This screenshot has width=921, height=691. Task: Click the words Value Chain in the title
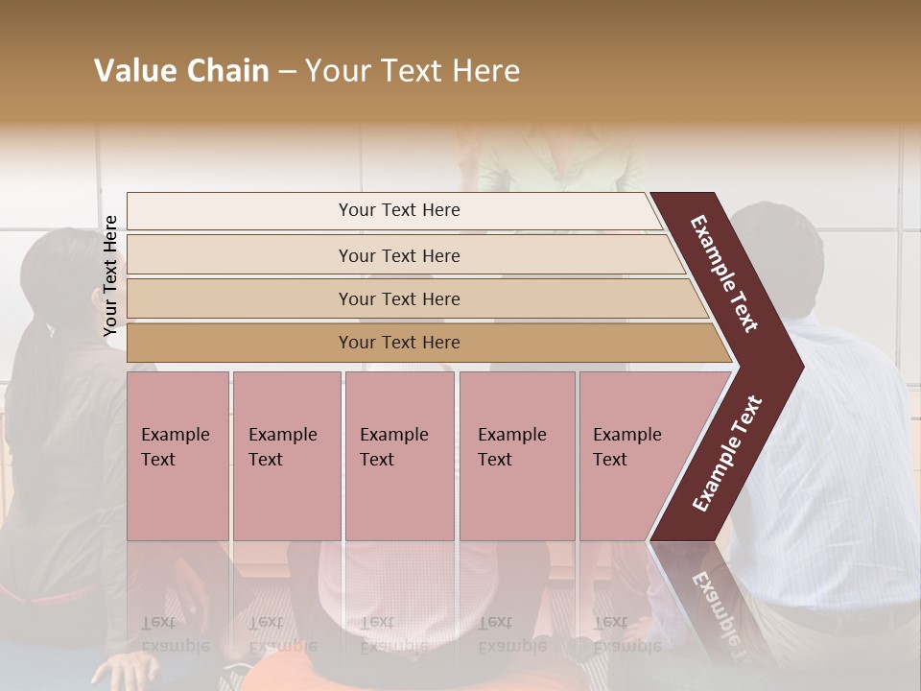(181, 72)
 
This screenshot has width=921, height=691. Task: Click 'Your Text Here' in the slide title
(413, 72)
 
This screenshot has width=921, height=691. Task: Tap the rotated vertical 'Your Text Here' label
(110, 275)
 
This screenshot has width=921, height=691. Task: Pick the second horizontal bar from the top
(398, 255)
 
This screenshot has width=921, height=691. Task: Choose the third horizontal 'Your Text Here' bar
(398, 298)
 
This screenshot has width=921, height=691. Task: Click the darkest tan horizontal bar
(398, 343)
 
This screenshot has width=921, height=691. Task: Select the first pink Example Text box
(177, 456)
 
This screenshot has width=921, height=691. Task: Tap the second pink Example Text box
(286, 456)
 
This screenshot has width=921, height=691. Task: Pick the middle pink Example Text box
(399, 456)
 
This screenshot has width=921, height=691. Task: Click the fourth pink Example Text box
(516, 456)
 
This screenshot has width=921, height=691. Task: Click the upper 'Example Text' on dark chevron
(724, 274)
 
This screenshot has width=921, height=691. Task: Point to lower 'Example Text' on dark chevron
(726, 454)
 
